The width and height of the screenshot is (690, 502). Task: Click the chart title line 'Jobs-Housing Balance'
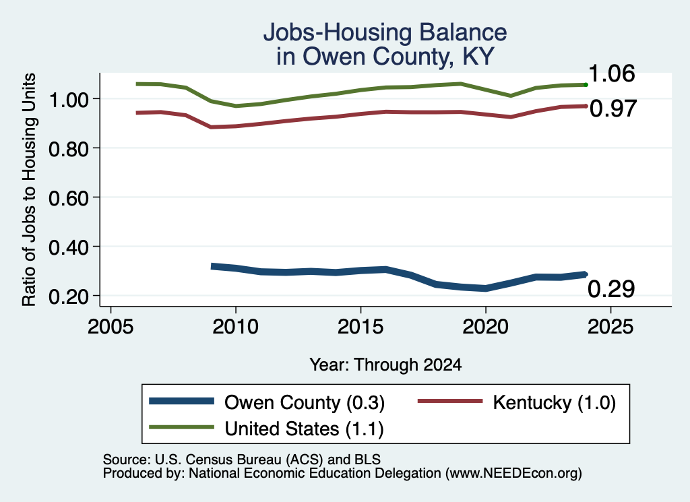[385, 32]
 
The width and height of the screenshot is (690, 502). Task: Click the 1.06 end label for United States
[611, 73]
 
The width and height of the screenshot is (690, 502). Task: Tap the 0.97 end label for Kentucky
[613, 108]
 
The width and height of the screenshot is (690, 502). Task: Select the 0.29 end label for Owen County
[611, 289]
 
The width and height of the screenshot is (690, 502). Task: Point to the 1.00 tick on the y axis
[69, 100]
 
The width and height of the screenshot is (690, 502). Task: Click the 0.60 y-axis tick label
[69, 199]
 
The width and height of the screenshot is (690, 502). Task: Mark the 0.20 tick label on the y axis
[69, 297]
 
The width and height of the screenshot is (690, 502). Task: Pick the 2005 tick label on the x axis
[111, 327]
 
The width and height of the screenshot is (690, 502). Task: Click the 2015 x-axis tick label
[360, 327]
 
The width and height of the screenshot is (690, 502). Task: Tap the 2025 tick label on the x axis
[610, 327]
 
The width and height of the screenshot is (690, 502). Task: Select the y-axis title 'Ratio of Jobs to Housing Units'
[29, 189]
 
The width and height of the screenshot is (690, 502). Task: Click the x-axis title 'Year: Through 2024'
[385, 365]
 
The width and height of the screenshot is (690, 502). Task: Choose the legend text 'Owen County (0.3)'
[305, 402]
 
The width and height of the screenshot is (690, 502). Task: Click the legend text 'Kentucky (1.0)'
[554, 402]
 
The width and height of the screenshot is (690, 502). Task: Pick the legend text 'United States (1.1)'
[304, 429]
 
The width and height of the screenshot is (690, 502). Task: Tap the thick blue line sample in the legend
[181, 401]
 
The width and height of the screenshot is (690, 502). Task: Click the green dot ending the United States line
[586, 84]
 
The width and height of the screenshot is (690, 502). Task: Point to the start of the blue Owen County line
[212, 266]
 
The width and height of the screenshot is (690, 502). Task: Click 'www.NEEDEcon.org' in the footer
[513, 474]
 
